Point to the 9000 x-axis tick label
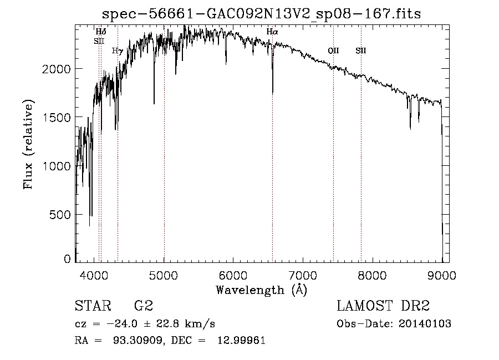[x=442, y=275]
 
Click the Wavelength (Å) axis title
[x=261, y=290]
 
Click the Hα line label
[x=272, y=32]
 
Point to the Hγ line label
[x=117, y=50]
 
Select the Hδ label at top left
[x=101, y=32]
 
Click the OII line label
[x=333, y=50]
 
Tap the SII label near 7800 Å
[x=361, y=50]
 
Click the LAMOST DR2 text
[x=383, y=306]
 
